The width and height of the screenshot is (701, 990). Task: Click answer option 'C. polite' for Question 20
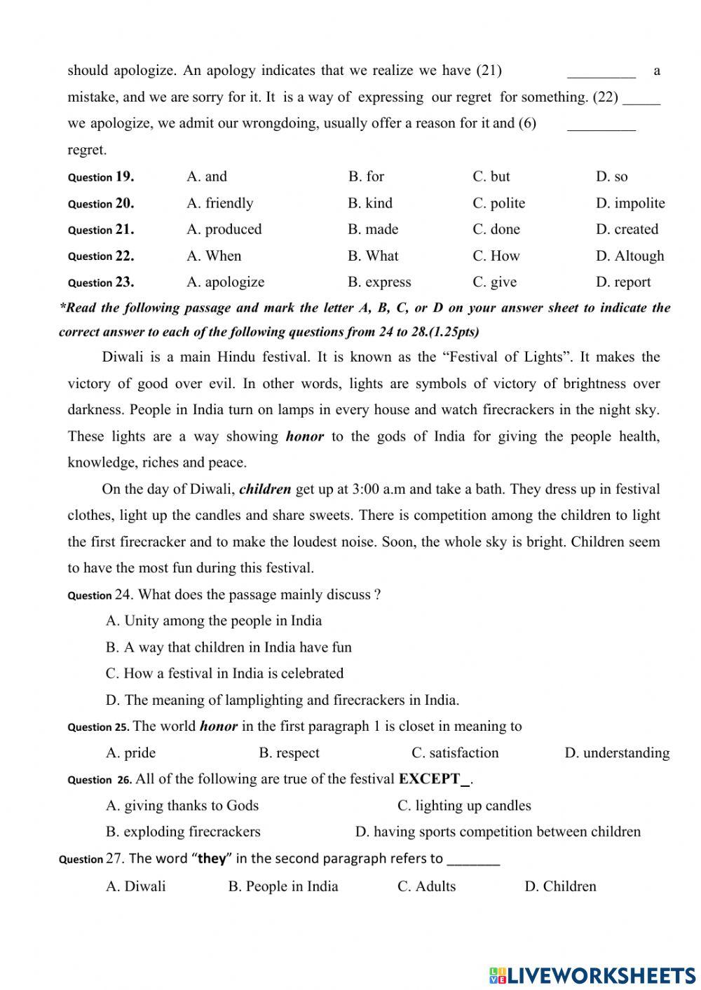coord(498,203)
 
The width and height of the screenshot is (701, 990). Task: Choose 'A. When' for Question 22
coord(214,256)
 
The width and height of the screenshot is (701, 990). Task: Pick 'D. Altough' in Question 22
coord(629,256)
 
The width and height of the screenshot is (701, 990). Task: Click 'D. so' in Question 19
coord(611,177)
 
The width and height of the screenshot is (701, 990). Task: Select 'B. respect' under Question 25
coord(289,753)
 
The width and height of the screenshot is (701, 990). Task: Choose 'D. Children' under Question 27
coord(560,886)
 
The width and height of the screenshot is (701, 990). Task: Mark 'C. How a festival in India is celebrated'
coord(224,673)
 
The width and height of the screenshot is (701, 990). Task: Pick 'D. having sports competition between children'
coord(498,832)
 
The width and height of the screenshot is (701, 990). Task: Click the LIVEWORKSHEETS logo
coord(592,975)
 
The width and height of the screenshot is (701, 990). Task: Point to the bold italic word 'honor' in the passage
coord(304,436)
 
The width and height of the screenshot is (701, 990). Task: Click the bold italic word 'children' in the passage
coord(265,489)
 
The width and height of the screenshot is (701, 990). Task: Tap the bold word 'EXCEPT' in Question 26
coord(429,779)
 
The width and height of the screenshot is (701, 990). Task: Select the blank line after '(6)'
coord(601,127)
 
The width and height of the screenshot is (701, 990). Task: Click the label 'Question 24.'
coord(100,595)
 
